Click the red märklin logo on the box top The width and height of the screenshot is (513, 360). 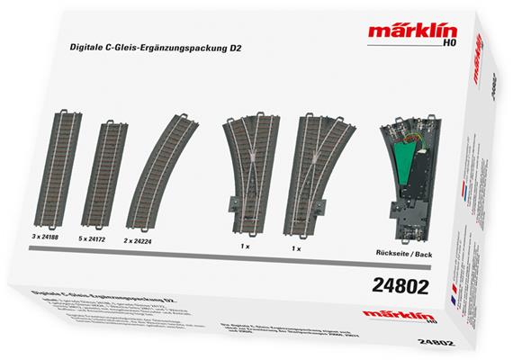point(400,34)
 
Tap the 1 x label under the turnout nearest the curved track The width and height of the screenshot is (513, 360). point(244,244)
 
